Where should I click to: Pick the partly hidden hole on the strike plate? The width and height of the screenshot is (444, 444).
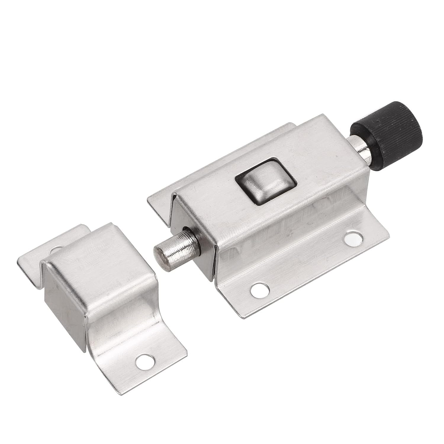tap(55, 250)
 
